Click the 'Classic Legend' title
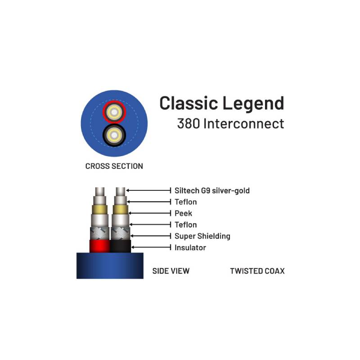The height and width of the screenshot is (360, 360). coord(222,103)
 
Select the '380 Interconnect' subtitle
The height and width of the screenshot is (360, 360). coord(230,123)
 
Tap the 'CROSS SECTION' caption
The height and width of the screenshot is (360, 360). coord(114,166)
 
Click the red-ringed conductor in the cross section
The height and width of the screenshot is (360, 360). coord(114,112)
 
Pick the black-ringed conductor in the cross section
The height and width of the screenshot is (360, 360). coord(114,135)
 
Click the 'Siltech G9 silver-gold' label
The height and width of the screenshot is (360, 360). coord(212,190)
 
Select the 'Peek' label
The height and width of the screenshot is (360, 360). coord(183,213)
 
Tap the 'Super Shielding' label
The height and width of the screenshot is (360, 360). coord(202,236)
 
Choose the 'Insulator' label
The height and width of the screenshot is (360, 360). coord(190,247)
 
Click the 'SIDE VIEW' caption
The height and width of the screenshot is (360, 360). coord(171,271)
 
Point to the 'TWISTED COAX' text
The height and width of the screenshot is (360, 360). coord(257,271)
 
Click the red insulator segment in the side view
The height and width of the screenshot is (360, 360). coord(99,246)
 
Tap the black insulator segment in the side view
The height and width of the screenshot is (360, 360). coord(121,246)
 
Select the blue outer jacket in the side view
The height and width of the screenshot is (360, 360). coord(110,265)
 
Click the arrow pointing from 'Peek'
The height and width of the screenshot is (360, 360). coord(150,213)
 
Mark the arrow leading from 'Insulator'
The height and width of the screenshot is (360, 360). coord(151,247)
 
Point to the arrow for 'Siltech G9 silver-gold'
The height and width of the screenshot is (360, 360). coord(148,190)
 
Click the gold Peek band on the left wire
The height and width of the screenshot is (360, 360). coord(99,210)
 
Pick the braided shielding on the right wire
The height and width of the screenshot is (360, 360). coord(121,234)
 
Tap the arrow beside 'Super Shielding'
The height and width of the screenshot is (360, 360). coord(151,236)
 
